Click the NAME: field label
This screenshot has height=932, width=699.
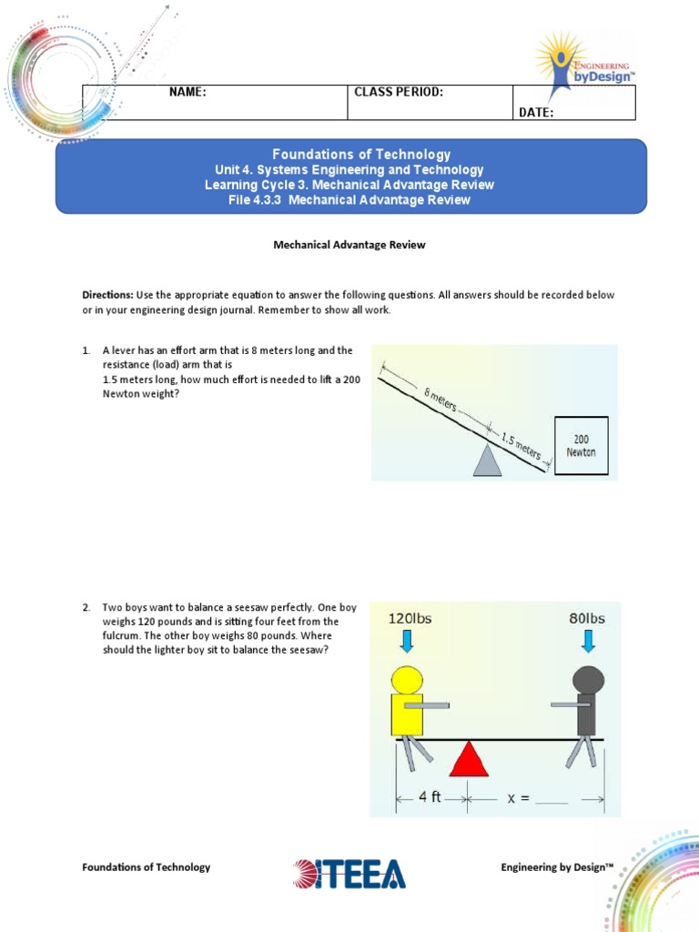click(187, 93)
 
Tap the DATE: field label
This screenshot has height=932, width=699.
click(536, 113)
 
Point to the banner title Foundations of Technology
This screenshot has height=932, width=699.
click(350, 155)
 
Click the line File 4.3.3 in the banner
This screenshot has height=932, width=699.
click(350, 199)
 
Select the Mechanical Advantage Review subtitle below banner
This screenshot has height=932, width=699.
click(350, 245)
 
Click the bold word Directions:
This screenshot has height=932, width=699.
click(107, 295)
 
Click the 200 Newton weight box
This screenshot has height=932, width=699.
click(581, 444)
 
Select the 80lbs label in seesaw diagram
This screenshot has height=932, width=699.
click(587, 619)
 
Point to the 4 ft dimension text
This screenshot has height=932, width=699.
click(429, 797)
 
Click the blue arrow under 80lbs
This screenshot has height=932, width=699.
click(589, 643)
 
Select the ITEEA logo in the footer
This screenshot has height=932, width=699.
click(349, 874)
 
